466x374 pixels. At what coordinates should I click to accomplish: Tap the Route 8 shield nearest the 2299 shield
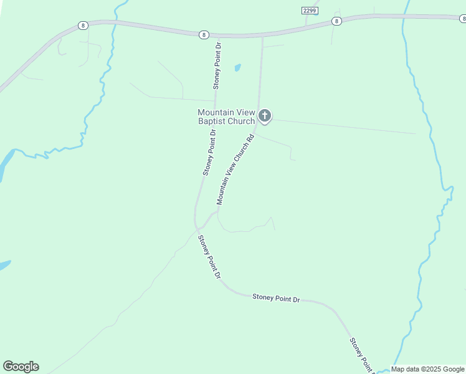tap(336, 21)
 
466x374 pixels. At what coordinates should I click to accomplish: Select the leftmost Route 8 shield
tap(83, 26)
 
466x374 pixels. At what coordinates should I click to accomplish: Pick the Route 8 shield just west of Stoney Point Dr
tap(204, 35)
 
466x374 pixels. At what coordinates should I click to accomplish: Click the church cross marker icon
tap(265, 115)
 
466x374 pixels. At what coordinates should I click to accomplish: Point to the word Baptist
tap(211, 121)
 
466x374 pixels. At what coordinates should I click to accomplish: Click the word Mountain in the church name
tap(216, 112)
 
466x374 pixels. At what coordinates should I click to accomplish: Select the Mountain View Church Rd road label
tap(235, 170)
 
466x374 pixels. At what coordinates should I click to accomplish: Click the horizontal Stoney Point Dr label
tap(276, 299)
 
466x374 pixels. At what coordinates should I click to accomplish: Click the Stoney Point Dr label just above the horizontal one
tap(209, 256)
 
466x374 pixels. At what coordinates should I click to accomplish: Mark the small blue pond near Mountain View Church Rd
tap(237, 67)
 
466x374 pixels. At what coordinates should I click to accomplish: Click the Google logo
tap(21, 367)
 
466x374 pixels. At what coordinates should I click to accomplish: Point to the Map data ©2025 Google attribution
tap(427, 369)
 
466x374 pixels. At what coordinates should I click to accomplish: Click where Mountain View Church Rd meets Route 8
tap(262, 36)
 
